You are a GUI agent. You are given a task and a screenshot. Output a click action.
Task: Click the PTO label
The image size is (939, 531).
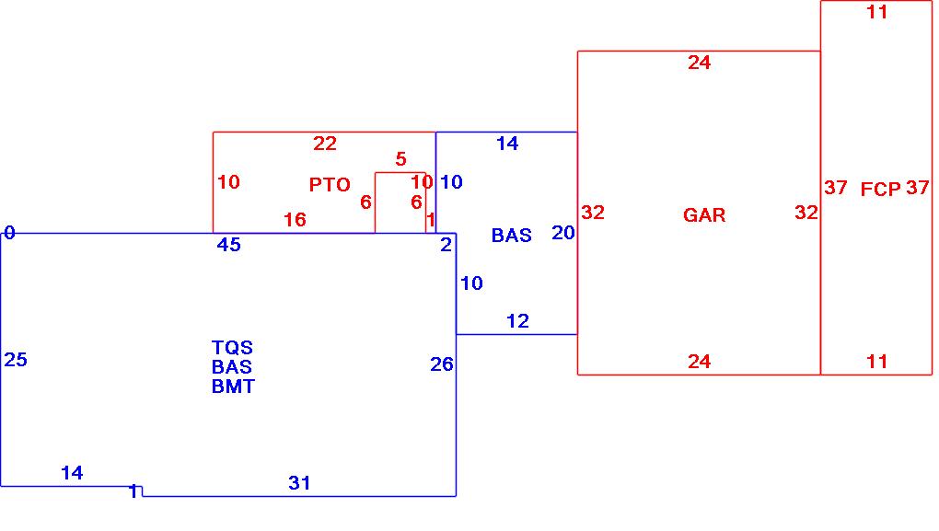pyautogui.click(x=330, y=184)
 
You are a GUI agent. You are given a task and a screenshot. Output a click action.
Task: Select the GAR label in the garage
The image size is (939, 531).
pyautogui.click(x=704, y=215)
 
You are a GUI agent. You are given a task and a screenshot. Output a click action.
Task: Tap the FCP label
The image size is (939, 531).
pyautogui.click(x=880, y=190)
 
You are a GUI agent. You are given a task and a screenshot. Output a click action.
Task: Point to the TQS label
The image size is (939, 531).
pyautogui.click(x=232, y=347)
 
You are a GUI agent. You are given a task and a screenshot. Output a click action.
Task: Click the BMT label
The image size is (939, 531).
pyautogui.click(x=233, y=387)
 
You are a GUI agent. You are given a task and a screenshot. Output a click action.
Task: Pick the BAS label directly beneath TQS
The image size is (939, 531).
pyautogui.click(x=232, y=366)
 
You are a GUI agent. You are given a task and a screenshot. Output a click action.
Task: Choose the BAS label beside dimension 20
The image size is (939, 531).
pyautogui.click(x=512, y=236)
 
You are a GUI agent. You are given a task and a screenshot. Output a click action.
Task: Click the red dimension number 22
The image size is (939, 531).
pyautogui.click(x=325, y=143)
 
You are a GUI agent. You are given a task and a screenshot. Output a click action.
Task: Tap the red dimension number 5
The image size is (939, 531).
pyautogui.click(x=401, y=158)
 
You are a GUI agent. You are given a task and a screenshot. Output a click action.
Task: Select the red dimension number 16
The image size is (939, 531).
pyautogui.click(x=295, y=220)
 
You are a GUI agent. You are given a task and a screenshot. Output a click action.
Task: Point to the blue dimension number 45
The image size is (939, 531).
pyautogui.click(x=228, y=244)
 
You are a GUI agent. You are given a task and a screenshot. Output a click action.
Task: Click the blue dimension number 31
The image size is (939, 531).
pyautogui.click(x=299, y=482)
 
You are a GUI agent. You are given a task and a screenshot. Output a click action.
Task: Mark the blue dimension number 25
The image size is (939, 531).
pyautogui.click(x=16, y=359)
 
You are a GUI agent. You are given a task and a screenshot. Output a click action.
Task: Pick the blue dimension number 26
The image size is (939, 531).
pyautogui.click(x=442, y=364)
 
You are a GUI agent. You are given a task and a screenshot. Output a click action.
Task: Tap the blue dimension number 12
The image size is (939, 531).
pyautogui.click(x=518, y=321)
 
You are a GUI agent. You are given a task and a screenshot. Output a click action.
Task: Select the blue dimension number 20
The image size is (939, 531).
pyautogui.click(x=562, y=233)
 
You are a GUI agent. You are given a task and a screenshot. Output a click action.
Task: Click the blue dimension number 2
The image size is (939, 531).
pyautogui.click(x=446, y=244)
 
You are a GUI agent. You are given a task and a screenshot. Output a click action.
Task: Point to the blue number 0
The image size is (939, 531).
pyautogui.click(x=9, y=232)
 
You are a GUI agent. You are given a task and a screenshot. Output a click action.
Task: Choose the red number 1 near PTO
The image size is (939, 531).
pyautogui.click(x=431, y=220)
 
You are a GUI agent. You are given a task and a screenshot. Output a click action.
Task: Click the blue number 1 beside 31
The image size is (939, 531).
pyautogui.click(x=134, y=491)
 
